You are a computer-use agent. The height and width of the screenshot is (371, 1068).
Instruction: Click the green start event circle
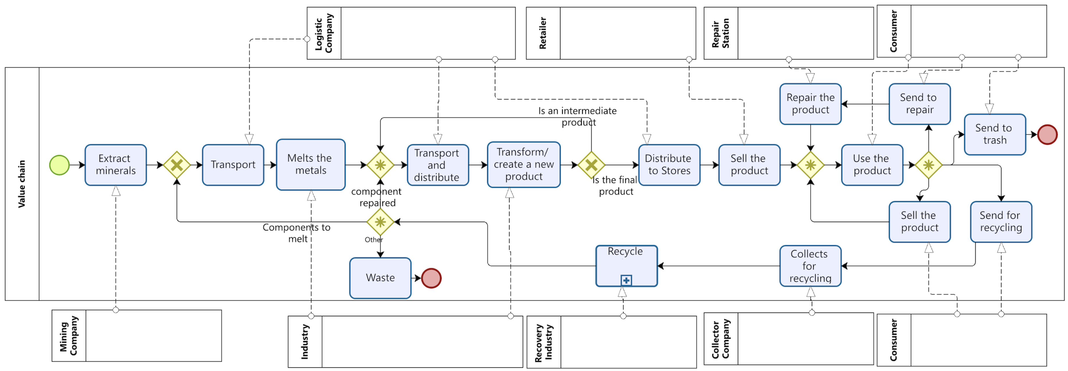59,165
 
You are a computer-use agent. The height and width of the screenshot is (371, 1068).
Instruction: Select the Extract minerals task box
116,165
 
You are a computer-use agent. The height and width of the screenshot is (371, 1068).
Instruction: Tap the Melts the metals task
311,164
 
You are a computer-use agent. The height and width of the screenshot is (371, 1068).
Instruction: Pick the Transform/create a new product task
524,164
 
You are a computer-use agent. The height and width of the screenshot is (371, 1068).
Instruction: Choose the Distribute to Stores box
669,165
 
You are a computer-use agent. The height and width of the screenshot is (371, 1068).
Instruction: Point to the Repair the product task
810,104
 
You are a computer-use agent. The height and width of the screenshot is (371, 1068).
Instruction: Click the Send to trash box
995,134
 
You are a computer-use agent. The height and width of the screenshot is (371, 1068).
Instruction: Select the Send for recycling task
1001,221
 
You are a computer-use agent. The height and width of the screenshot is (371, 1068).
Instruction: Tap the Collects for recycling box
810,266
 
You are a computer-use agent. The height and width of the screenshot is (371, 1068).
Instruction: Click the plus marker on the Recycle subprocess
626,280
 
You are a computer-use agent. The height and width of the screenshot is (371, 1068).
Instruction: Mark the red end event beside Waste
431,278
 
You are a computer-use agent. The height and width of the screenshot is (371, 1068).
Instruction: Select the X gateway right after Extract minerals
176,165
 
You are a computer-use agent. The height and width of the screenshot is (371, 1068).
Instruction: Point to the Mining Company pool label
68,335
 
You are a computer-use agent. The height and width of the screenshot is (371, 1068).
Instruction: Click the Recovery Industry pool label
543,342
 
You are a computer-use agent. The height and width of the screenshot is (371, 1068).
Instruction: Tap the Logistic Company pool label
324,33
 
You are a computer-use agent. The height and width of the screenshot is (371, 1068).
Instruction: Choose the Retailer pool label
543,33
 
